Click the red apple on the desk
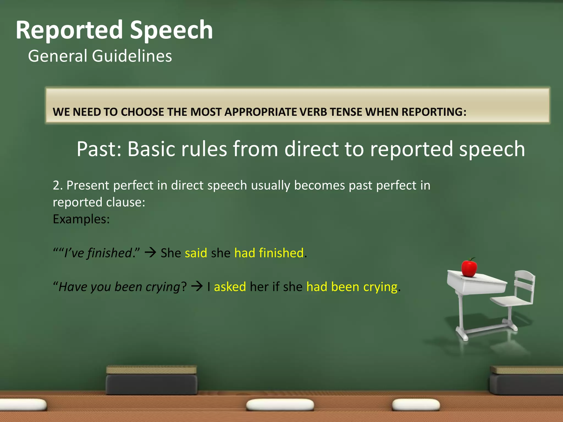pyautogui.click(x=469, y=268)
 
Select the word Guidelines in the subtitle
pyautogui.click(x=132, y=56)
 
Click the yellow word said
pyautogui.click(x=196, y=253)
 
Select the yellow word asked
pyautogui.click(x=230, y=287)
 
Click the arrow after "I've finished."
pyautogui.click(x=150, y=252)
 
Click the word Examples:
pyautogui.click(x=81, y=219)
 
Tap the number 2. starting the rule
pyautogui.click(x=58, y=185)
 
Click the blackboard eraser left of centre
pyautogui.click(x=151, y=380)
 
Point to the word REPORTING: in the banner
pyautogui.click(x=434, y=112)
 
